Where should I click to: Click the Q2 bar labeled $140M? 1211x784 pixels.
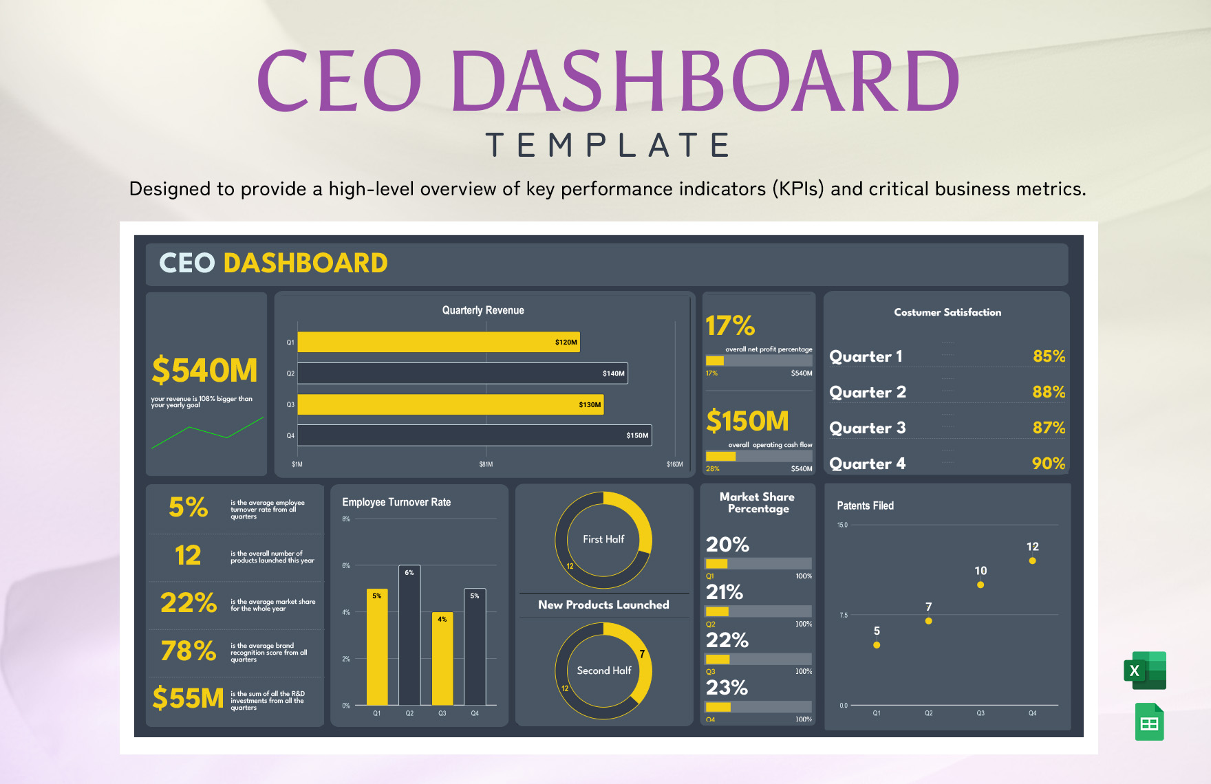pos(462,373)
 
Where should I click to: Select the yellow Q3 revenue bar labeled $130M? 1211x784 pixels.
pos(450,404)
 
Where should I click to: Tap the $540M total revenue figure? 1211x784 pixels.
pos(204,371)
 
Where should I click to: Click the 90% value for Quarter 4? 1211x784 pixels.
pos(1048,464)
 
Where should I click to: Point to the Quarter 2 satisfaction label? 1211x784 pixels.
pos(867,392)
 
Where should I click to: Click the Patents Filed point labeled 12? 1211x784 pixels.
pos(1032,560)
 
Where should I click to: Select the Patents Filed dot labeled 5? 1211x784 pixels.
pos(877,645)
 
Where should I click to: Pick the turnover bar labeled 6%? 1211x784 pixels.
pos(409,635)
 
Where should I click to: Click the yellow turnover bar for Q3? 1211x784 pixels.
pos(442,658)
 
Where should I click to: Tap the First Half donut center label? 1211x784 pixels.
pos(603,539)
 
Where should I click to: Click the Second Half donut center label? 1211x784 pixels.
pos(603,671)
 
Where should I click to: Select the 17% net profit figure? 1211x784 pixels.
pos(730,325)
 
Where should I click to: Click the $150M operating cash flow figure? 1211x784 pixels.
pos(747,421)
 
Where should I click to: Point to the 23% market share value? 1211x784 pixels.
pos(727,687)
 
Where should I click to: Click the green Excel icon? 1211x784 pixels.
pos(1145,671)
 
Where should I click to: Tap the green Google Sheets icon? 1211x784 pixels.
pos(1149,722)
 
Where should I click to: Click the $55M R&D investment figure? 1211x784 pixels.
pos(188,698)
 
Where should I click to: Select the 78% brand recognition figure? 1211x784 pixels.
pos(189,651)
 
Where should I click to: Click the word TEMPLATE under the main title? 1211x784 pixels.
pos(608,145)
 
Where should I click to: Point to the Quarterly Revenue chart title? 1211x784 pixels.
pos(483,310)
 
